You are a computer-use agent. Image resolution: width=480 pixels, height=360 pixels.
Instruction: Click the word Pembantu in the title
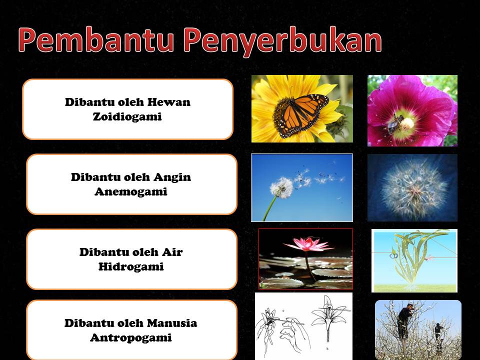click(x=97, y=41)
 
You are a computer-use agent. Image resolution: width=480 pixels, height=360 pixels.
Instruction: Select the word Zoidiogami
click(x=127, y=117)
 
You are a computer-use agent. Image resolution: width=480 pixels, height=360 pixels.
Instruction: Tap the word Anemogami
click(x=130, y=191)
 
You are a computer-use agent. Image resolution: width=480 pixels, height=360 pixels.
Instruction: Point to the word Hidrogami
click(x=131, y=266)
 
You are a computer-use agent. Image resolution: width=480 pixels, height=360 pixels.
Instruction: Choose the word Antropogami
click(x=130, y=337)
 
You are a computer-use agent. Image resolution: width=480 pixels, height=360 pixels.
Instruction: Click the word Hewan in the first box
click(x=169, y=102)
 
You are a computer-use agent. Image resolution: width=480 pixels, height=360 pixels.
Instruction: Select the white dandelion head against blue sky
click(x=281, y=187)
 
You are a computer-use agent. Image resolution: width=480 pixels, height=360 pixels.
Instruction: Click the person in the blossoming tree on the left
click(x=404, y=320)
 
